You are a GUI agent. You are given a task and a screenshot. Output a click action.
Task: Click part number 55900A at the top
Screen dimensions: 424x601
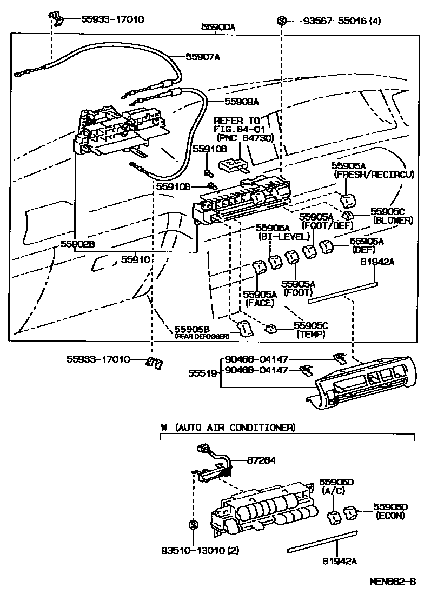click(x=218, y=27)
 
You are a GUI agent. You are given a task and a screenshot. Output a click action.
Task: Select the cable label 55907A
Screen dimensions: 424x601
click(x=203, y=57)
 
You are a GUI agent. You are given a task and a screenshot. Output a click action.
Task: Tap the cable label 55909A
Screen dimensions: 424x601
click(x=241, y=101)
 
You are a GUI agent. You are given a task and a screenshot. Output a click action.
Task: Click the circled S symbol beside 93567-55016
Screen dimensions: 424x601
click(x=282, y=21)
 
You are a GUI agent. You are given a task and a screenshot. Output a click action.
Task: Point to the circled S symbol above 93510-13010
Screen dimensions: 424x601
click(x=194, y=524)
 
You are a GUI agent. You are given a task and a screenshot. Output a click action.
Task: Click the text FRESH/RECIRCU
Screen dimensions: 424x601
click(x=374, y=175)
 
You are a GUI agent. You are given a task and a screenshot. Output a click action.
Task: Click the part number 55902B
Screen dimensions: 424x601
click(x=77, y=244)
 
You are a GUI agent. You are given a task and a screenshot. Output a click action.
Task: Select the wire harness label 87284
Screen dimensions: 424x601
click(x=261, y=460)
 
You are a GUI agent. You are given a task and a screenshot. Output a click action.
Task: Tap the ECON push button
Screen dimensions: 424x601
click(x=350, y=512)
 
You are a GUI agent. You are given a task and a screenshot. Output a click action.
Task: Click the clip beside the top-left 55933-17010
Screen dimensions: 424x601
click(x=56, y=18)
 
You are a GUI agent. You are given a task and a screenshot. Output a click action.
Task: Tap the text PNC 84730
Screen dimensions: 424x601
click(x=245, y=137)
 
